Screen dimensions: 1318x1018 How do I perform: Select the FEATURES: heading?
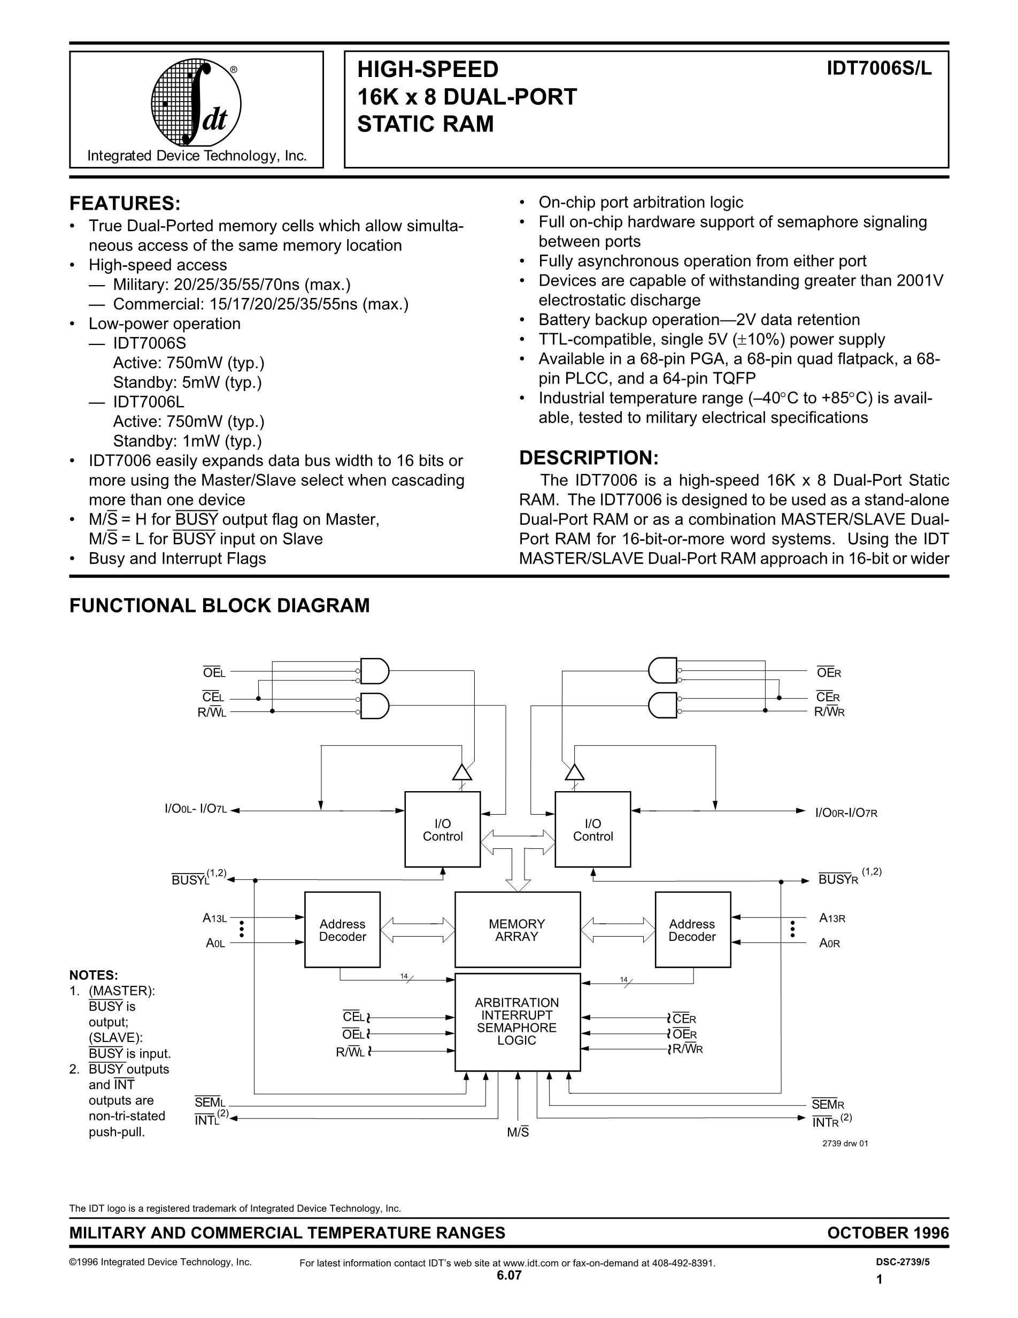coord(125,203)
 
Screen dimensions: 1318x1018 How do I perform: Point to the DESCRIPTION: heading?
coord(588,458)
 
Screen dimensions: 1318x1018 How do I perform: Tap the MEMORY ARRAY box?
coord(517,930)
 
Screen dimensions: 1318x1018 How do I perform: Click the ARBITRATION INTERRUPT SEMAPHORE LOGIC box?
coord(517,1022)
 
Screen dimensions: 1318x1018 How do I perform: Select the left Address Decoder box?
coord(343,930)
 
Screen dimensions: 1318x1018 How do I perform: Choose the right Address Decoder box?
coord(692,930)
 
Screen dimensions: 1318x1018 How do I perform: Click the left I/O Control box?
coord(443,830)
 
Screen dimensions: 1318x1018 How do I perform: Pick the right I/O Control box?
coord(593,830)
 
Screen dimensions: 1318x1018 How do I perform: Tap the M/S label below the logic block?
coord(518,1133)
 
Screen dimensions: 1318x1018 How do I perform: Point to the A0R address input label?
coord(829,943)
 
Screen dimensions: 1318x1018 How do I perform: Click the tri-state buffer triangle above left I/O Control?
coord(462,772)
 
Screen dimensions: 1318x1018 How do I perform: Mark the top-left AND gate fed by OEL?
coord(374,670)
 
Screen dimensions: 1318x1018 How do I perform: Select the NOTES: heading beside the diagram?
coord(94,975)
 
